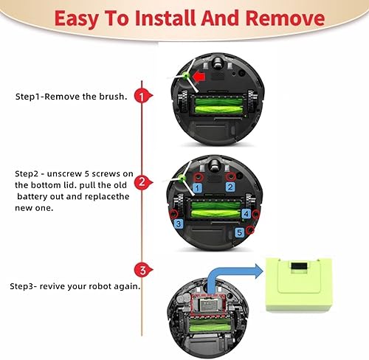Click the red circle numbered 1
click(145, 96)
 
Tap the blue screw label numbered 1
click(197, 189)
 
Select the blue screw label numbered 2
click(230, 188)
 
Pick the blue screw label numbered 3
click(176, 223)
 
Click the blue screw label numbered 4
click(246, 212)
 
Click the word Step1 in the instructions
click(27, 97)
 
